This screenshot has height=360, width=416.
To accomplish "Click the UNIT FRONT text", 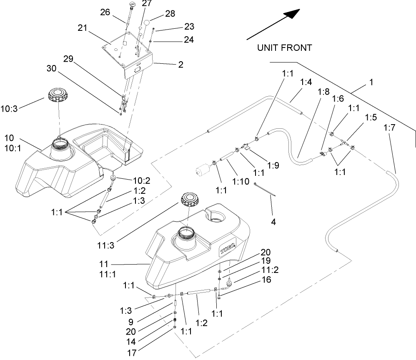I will [284, 48].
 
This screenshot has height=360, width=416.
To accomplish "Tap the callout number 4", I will [273, 222].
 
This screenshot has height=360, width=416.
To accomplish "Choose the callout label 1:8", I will [323, 91].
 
